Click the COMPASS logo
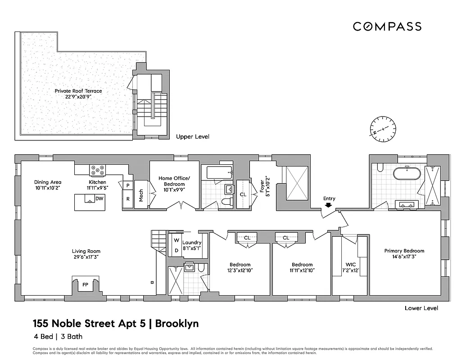pos(387,27)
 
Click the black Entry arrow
pos(329,205)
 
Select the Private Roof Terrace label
pos(78,91)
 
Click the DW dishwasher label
pos(99,198)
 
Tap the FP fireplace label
pos(85,285)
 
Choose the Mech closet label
pos(141,195)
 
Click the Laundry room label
pos(192,243)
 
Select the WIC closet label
pos(351,265)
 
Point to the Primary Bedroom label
pos(404,251)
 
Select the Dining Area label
pos(48,182)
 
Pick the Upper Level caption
pos(193,136)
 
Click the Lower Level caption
pos(421,308)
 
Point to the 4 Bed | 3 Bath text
pos(57,336)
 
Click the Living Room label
pos(86,251)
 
